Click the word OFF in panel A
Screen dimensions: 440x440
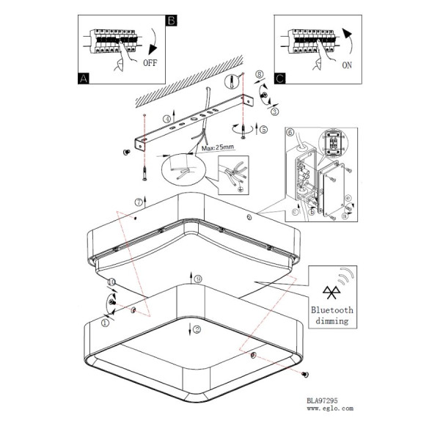[x=150, y=62]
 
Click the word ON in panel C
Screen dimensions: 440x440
[x=347, y=65]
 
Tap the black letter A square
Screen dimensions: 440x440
[x=84, y=78]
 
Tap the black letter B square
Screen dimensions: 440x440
[x=172, y=21]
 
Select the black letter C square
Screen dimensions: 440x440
[x=280, y=78]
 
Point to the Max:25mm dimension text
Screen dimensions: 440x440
[x=218, y=147]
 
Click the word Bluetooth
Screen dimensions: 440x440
[x=332, y=310]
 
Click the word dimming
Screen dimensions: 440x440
[x=332, y=320]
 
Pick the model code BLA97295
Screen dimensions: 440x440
[x=322, y=400]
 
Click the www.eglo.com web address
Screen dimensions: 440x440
[x=330, y=408]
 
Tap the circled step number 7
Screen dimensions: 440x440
[x=139, y=202]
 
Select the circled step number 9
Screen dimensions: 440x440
[x=198, y=279]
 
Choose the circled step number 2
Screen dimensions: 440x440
[x=197, y=329]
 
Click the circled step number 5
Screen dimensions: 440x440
[x=263, y=129]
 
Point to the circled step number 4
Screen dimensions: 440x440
[x=167, y=119]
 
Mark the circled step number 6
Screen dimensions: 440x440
[x=290, y=132]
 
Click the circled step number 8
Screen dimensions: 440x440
[x=260, y=74]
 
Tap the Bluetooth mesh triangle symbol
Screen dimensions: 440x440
[x=331, y=293]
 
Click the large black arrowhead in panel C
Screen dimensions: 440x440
[x=347, y=34]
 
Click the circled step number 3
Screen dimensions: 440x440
[x=275, y=111]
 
